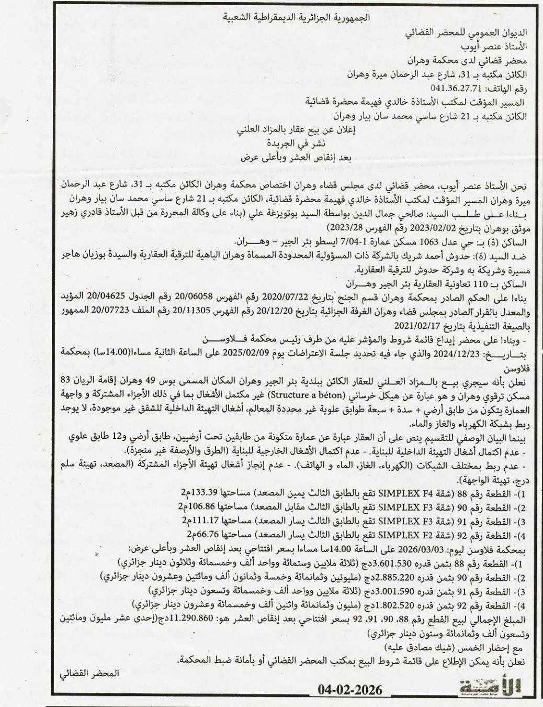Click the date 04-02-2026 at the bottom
pyautogui.click(x=350, y=689)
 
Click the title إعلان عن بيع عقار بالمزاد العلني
pyautogui.click(x=297, y=130)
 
